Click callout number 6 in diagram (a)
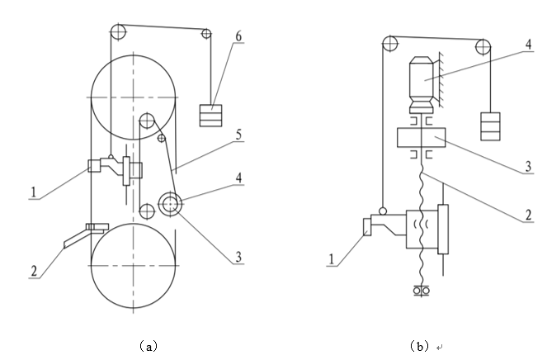click(238, 36)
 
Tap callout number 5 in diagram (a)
click(238, 135)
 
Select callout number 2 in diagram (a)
click(34, 271)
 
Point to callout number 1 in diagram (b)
click(332, 259)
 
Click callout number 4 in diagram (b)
click(529, 45)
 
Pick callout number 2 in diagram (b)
click(529, 215)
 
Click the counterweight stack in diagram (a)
click(210, 116)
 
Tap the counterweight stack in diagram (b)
click(490, 126)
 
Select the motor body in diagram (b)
click(422, 84)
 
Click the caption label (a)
click(149, 347)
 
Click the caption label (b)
click(419, 347)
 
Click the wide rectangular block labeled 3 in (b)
click(422, 138)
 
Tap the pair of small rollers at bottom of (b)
click(421, 290)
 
